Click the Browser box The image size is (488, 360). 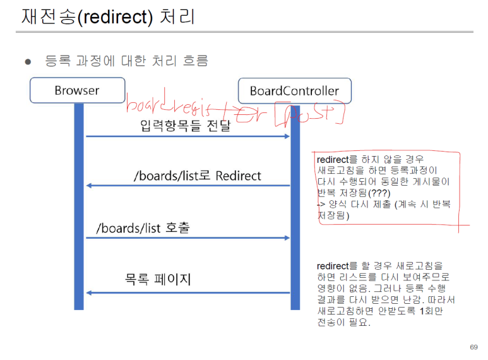77,90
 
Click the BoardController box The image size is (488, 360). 294,90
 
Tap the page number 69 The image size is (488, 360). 473,347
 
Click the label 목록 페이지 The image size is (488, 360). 158,279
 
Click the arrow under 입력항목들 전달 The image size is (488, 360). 187,136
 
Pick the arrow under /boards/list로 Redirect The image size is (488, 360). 187,185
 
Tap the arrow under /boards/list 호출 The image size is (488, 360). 187,238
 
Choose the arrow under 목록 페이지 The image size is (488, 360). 187,292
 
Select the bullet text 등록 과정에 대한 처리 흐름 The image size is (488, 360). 126,61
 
